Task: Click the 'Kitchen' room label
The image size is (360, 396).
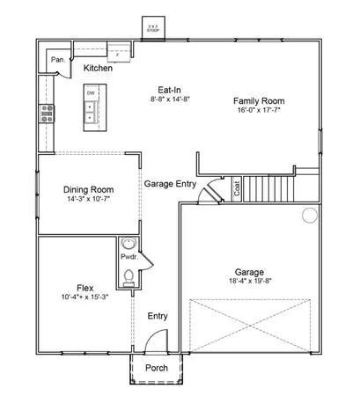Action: coord(98,68)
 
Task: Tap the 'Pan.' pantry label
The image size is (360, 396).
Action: coord(57,60)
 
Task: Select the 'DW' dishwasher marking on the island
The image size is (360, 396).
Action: coord(91,92)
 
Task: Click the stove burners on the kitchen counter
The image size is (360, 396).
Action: coord(47,113)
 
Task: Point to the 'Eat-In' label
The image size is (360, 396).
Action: coord(170,90)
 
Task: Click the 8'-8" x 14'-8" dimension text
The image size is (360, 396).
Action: coord(170,99)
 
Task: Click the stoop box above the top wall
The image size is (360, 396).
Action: coord(155,26)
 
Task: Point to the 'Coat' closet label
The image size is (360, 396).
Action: coord(236,187)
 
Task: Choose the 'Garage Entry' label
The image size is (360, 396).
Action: coord(171,183)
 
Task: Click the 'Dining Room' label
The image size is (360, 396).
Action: coord(89,189)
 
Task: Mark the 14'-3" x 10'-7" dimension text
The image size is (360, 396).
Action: coord(89,200)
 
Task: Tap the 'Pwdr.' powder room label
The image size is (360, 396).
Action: coord(129,259)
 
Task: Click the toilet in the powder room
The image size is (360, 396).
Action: coord(129,277)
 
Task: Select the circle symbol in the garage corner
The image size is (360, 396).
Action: coord(309,215)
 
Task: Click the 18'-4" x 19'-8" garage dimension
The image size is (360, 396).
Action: coord(251,282)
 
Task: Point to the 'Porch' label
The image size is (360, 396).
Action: coord(157,368)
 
